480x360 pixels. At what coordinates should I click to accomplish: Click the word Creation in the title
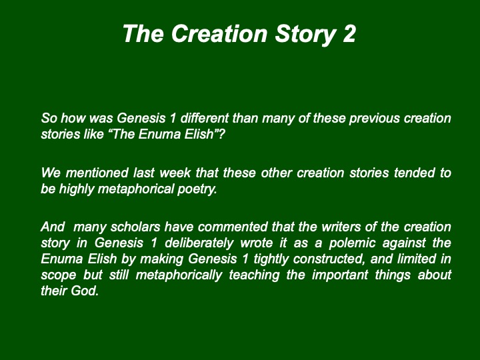[x=219, y=33]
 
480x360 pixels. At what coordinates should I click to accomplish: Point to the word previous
[x=374, y=118]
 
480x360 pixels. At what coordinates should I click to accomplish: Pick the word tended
[x=414, y=173]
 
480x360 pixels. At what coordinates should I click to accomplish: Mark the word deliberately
[x=199, y=244]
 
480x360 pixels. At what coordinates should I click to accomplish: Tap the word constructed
[x=329, y=259]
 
